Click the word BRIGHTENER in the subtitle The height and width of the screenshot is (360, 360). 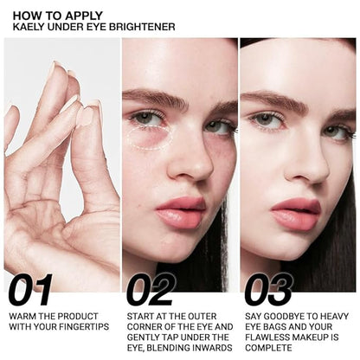pos(146,27)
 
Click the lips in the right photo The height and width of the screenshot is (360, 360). pos(296,212)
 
